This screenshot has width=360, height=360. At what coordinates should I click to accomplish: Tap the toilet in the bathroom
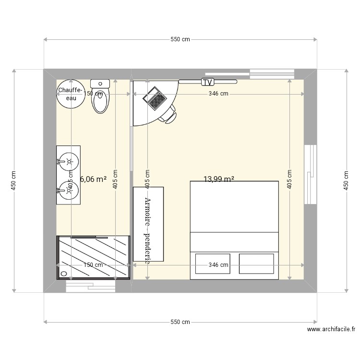100,101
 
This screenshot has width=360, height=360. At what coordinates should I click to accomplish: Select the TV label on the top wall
207,82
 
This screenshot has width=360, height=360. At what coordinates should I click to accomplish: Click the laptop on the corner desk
156,99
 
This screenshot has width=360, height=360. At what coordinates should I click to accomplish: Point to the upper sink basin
68,161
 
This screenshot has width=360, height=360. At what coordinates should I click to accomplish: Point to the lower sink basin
68,190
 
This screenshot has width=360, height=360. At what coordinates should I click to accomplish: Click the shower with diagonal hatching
94,257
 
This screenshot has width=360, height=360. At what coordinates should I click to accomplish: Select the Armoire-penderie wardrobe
148,224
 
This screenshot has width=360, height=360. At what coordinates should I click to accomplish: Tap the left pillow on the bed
212,264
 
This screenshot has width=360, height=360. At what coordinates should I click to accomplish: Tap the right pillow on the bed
256,264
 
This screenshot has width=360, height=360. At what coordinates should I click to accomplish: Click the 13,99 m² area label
219,180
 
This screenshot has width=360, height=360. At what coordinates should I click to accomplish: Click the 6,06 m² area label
93,180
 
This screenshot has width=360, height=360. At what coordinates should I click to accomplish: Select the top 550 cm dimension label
180,40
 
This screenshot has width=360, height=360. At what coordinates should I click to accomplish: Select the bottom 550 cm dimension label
180,322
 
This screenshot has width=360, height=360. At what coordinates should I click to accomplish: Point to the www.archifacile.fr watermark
331,330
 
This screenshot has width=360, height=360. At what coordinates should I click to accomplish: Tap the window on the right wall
311,173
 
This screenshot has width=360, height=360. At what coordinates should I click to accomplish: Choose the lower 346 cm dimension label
218,265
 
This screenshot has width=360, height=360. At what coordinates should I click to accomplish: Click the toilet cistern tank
100,84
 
